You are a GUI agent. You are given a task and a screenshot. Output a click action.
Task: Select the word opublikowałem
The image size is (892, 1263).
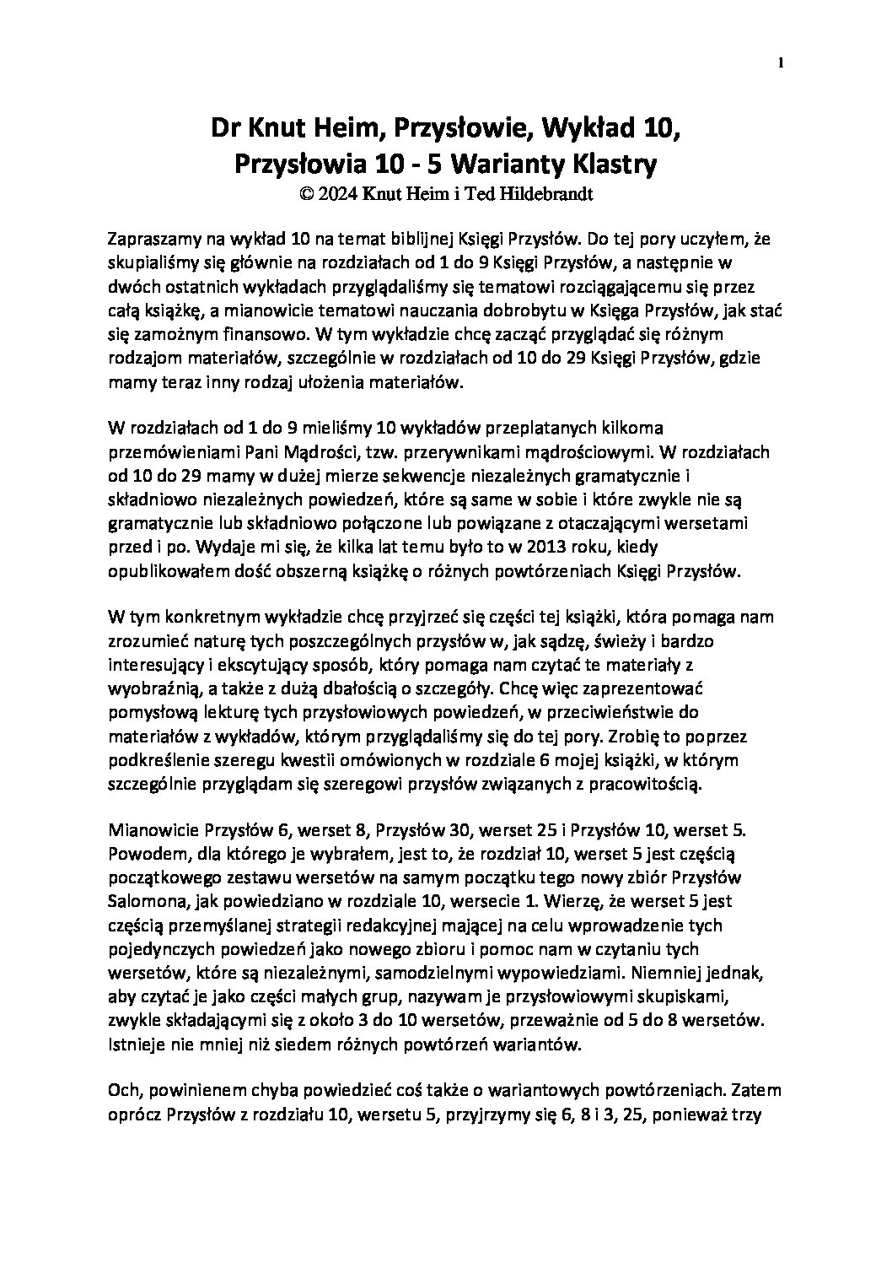coord(158,571)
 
